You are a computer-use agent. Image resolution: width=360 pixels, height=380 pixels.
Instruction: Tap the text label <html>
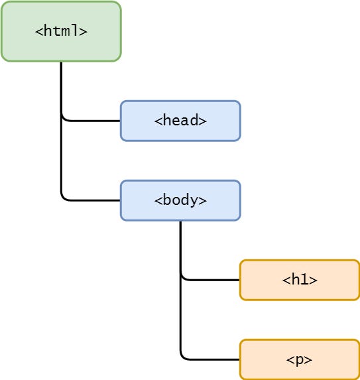61,31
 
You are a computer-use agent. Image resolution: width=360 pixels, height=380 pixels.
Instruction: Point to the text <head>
180,121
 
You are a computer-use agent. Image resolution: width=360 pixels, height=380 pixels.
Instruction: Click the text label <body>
180,200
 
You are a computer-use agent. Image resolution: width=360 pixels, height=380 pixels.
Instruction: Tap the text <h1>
300,280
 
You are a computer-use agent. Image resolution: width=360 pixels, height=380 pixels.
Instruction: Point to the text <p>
300,359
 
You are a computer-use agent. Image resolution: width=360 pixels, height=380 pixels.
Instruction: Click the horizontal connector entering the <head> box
93,121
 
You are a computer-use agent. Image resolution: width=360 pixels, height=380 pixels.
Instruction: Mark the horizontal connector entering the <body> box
93,200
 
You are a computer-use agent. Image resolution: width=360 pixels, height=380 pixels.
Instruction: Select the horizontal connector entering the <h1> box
212,280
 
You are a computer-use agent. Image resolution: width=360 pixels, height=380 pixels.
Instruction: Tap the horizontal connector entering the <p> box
212,359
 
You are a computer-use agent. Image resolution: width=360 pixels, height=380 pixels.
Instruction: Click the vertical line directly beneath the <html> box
61,86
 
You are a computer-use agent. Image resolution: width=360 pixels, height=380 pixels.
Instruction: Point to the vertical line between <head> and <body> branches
61,159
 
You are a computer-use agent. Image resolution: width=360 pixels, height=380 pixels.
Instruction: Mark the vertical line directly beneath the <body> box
180,245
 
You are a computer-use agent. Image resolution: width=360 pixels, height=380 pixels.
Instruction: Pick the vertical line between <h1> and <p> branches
180,318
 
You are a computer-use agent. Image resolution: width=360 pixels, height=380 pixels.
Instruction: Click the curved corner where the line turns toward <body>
63,198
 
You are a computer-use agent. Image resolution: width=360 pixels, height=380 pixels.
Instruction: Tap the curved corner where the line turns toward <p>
182,357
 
